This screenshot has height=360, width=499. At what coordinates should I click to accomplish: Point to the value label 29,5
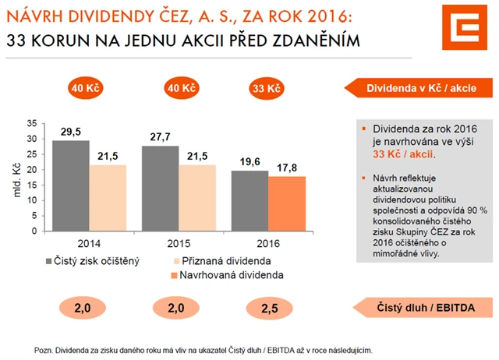71,132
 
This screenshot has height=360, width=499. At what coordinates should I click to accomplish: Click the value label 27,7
159,138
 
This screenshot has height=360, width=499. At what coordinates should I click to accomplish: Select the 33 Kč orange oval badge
267,88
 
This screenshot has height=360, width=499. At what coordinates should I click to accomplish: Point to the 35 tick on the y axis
30,123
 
